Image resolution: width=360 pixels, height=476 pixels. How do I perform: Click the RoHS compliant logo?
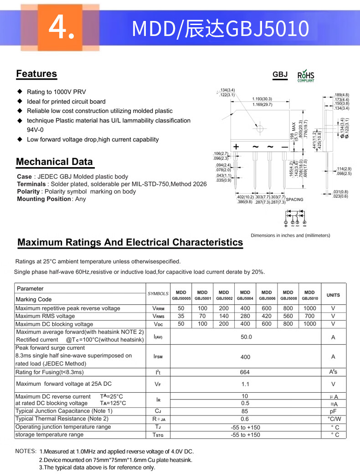click(306, 76)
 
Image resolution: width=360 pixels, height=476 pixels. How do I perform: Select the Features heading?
click(36, 74)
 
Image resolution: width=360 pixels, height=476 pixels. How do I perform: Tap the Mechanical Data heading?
click(54, 162)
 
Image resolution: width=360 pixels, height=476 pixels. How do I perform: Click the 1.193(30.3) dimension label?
click(262, 99)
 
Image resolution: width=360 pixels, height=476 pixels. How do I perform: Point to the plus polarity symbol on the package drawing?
click(237, 147)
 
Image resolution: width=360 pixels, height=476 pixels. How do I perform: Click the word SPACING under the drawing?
click(294, 200)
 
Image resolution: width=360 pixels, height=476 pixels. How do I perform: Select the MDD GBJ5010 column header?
click(309, 295)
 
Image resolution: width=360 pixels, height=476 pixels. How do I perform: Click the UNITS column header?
click(333, 295)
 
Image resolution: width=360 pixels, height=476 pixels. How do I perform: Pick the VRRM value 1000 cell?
click(309, 308)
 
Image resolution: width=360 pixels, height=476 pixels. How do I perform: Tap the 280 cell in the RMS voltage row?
click(245, 316)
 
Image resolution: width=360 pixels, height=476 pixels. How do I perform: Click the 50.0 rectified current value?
click(246, 337)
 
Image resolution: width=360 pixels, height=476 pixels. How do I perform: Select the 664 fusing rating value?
click(245, 372)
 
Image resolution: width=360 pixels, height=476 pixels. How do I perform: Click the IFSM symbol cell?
click(157, 357)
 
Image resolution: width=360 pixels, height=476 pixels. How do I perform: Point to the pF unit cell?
click(333, 411)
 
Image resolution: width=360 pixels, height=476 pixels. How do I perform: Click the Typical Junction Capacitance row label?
click(64, 411)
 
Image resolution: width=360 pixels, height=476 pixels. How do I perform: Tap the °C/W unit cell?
click(334, 419)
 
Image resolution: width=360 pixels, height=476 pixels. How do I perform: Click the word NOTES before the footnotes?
click(26, 451)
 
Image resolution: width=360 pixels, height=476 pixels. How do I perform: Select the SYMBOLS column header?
click(158, 294)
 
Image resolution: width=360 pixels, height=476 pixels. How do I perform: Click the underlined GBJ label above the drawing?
click(280, 74)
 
